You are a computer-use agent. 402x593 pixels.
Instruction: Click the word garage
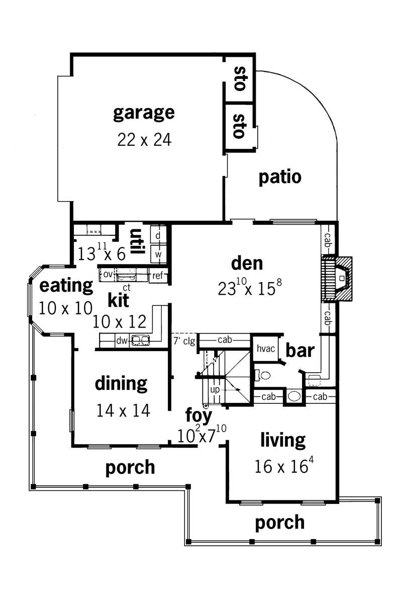(x=144, y=113)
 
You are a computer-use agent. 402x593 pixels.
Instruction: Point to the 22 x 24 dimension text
(x=144, y=139)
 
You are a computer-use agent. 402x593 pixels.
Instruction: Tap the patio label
(x=280, y=177)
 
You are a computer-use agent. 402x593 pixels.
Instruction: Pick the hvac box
(x=265, y=349)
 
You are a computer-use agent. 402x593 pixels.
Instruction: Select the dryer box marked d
(x=158, y=235)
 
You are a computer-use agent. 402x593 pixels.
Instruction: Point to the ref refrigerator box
(x=158, y=275)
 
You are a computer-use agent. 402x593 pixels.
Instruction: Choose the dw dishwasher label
(x=122, y=341)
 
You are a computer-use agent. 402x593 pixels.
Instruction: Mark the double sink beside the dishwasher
(x=140, y=341)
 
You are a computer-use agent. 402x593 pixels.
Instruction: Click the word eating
(x=66, y=286)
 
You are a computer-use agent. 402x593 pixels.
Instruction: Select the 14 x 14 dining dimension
(x=123, y=411)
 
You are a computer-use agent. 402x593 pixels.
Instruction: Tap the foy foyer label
(x=198, y=416)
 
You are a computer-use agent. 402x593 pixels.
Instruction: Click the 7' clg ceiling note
(x=183, y=341)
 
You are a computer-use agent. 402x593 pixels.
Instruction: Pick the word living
(x=283, y=440)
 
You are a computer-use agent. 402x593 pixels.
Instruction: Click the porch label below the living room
(x=280, y=522)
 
